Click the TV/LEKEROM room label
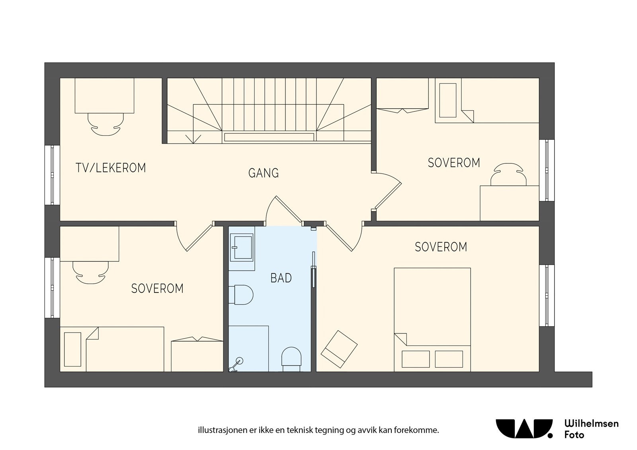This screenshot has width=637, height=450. coord(111,168)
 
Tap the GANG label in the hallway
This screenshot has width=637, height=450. coord(263,173)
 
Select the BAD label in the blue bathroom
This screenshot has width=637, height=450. coord(281,278)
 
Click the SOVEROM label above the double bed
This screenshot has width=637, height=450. coord(441,247)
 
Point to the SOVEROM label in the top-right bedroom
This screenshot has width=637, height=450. coord(454,163)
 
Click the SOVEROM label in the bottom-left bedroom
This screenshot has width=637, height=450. coord(157,288)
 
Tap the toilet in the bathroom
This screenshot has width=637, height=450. coord(241,294)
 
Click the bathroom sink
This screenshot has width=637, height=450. coord(242,247)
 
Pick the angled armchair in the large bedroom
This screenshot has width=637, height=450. coord(339,349)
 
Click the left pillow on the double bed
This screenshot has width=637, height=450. coord(416,359)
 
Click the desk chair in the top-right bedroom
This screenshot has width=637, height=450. coord(508,174)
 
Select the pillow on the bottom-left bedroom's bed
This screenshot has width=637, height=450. coord(72,349)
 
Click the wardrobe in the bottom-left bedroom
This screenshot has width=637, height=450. coord(197,355)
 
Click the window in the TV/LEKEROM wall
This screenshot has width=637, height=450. coord(52,175)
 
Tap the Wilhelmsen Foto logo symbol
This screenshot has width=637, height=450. coord(524,429)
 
